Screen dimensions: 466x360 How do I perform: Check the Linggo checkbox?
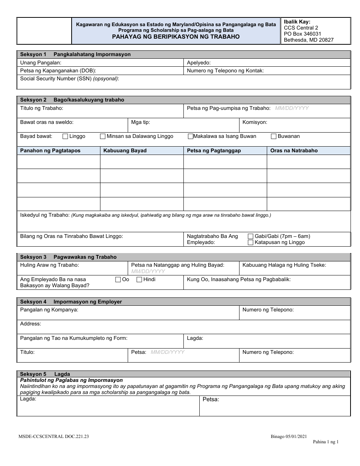point(65,136)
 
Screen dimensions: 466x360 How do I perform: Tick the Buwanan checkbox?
point(274,136)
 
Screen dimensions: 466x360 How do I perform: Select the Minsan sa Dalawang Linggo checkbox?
point(102,136)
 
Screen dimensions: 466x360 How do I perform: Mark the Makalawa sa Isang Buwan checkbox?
point(191,136)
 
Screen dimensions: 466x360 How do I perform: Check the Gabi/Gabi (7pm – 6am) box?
point(250,236)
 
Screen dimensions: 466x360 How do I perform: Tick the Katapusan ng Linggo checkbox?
point(250,242)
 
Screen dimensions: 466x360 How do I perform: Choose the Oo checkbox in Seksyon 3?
point(118,280)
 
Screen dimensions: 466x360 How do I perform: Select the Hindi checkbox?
point(139,280)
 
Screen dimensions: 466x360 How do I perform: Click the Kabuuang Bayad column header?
point(125,150)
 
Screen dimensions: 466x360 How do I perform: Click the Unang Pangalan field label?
point(41,63)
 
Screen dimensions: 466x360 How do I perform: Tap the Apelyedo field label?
point(199,63)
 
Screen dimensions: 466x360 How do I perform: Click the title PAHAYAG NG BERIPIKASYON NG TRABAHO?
point(175,37)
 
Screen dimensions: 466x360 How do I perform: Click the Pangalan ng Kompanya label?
point(49,310)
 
